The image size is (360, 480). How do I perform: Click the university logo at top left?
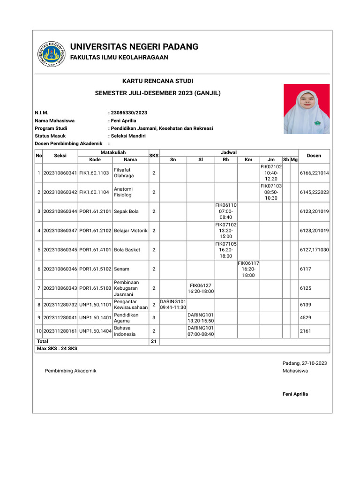pyautogui.click(x=51, y=54)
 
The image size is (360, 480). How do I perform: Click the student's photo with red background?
pyautogui.click(x=307, y=109)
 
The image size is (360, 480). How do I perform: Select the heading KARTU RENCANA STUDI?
pyautogui.click(x=157, y=81)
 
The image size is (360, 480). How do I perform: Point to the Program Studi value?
pyautogui.click(x=161, y=128)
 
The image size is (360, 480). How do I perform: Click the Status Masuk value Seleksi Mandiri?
pyautogui.click(x=128, y=135)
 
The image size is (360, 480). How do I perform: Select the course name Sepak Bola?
pyautogui.click(x=126, y=211)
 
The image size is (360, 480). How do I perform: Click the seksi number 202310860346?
pyautogui.click(x=60, y=269)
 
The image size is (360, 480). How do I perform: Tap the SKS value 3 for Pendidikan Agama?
pyautogui.click(x=154, y=318)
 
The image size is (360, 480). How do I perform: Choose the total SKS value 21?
pyautogui.click(x=153, y=342)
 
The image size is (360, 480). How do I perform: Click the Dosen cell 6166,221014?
pyautogui.click(x=314, y=173)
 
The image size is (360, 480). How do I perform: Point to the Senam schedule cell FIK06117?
pyautogui.click(x=248, y=269)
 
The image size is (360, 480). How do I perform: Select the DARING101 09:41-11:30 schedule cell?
pyautogui.click(x=173, y=304)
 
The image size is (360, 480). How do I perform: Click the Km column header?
pyautogui.click(x=248, y=160)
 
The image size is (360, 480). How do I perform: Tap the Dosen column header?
pyautogui.click(x=314, y=156)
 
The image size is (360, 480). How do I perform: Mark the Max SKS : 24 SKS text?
pyautogui.click(x=57, y=349)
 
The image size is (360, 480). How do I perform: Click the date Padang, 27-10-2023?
pyautogui.click(x=305, y=363)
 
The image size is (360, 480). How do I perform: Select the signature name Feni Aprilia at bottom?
pyautogui.click(x=295, y=394)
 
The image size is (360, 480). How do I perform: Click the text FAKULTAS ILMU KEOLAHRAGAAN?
pyautogui.click(x=119, y=57)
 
